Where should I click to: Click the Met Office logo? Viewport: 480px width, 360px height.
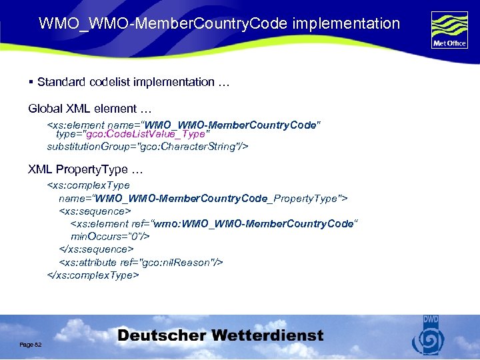(x=449, y=29)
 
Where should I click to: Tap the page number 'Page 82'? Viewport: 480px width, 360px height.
(x=31, y=344)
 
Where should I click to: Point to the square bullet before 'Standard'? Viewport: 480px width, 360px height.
(x=31, y=82)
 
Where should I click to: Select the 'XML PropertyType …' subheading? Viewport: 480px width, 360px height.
(x=85, y=169)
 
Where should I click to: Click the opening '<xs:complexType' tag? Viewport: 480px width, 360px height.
(x=88, y=185)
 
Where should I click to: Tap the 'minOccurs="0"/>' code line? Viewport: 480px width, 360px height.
(x=110, y=236)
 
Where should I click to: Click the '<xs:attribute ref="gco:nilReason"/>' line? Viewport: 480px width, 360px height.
(x=141, y=262)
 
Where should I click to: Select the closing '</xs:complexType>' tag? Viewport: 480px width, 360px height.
(x=93, y=275)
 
